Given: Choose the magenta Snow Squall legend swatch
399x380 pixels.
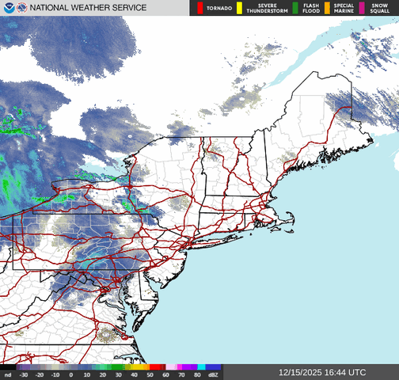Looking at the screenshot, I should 363,8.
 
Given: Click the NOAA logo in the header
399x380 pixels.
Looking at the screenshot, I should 7,8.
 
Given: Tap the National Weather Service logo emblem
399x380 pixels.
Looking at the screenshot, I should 20,8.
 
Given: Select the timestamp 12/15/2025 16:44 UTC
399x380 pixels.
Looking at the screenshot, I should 322,372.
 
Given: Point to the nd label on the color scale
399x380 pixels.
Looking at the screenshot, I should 7,374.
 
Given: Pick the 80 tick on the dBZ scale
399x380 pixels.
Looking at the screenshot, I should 196,374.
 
